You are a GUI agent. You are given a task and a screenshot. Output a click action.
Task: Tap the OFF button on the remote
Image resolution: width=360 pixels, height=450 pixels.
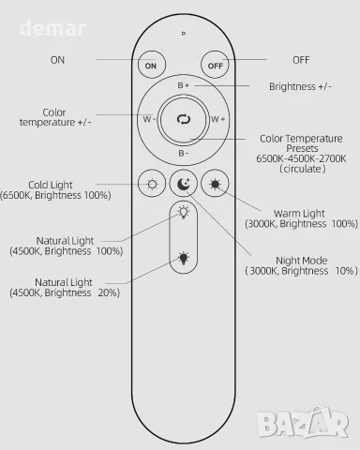[215, 65]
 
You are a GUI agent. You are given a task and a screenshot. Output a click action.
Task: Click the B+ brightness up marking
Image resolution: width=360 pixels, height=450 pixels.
[184, 85]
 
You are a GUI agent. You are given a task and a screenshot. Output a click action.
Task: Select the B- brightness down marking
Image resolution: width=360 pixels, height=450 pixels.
[184, 153]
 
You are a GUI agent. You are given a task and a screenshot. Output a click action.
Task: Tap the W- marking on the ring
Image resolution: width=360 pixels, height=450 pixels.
[149, 119]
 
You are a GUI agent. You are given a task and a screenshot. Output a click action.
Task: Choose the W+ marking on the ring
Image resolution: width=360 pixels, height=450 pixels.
[217, 119]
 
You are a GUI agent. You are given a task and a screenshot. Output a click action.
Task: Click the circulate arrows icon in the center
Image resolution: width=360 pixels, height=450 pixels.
[184, 119]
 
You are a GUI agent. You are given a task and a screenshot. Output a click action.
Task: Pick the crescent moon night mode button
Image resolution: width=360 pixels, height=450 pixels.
[184, 184]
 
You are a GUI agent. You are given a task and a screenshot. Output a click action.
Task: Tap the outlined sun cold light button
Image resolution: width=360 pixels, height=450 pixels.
[152, 184]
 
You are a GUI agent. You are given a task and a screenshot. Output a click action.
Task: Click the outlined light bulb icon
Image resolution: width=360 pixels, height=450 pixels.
[184, 212]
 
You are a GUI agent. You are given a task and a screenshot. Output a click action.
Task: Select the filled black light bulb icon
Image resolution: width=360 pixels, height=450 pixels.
[184, 258]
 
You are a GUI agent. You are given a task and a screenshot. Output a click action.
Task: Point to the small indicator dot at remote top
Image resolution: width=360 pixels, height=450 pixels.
[184, 33]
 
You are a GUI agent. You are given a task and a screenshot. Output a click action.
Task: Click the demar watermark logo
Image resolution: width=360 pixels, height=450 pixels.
[52, 28]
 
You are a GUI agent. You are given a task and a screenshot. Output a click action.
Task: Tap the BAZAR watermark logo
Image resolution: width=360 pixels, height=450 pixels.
[302, 423]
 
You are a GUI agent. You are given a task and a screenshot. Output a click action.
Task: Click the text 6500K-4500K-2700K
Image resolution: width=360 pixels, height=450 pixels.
[301, 158]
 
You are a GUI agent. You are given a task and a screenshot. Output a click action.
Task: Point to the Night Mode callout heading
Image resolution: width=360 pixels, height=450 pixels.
[302, 261]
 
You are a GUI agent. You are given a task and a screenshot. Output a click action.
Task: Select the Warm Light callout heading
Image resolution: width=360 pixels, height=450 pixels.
[299, 214]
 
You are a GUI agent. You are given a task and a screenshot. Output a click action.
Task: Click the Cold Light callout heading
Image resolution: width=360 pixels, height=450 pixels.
[51, 185]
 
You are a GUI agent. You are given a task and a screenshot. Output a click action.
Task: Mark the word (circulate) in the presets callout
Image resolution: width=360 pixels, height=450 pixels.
[303, 169]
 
